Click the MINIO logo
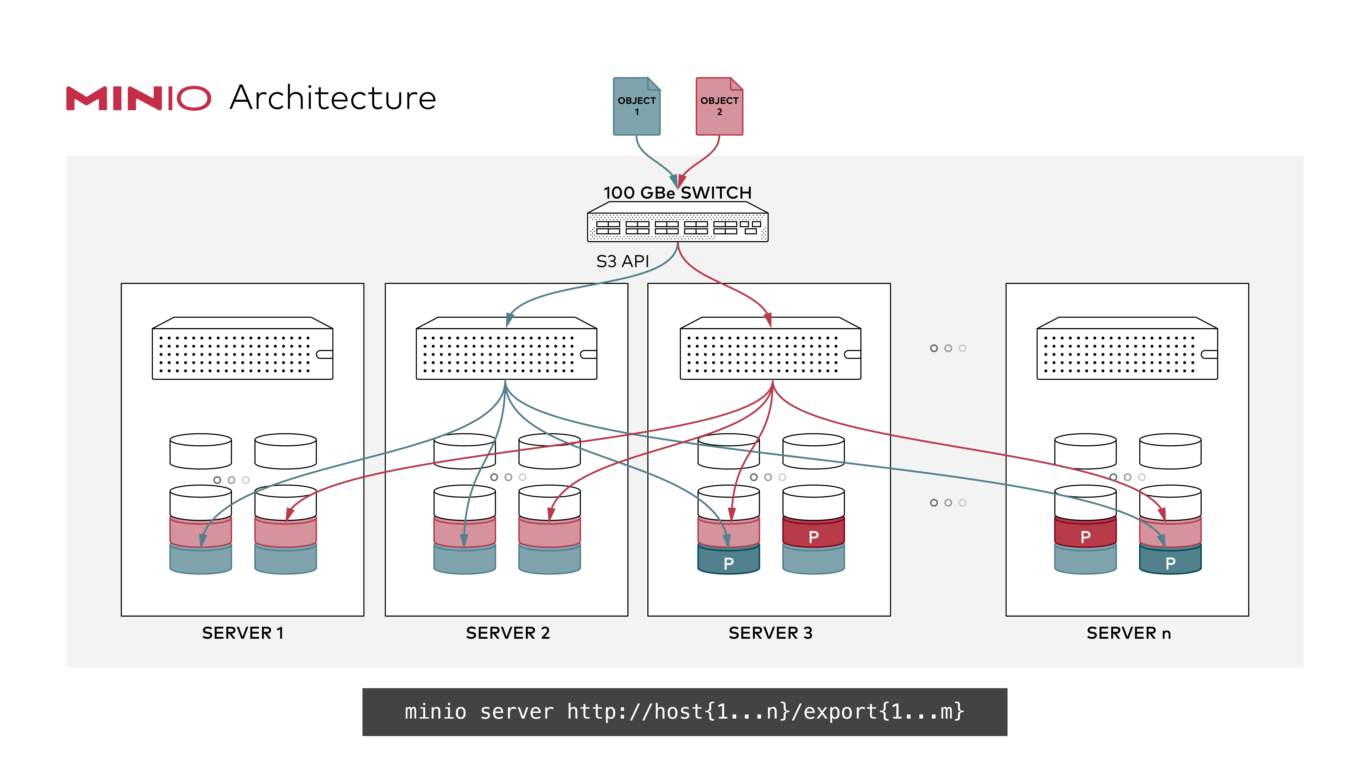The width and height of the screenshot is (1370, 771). coord(138,99)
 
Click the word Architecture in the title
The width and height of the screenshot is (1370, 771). coord(333,99)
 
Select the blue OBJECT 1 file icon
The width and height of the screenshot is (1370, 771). coord(637,106)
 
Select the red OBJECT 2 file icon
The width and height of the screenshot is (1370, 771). coord(719,106)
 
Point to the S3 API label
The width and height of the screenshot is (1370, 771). coord(622,261)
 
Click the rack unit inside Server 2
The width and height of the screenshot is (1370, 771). coord(506,351)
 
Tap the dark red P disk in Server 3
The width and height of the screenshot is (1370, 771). coord(813,535)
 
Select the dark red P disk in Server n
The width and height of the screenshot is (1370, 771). coord(1085,535)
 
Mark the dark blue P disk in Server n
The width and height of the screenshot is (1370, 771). coord(1170,561)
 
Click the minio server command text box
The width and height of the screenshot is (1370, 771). coord(684,711)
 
